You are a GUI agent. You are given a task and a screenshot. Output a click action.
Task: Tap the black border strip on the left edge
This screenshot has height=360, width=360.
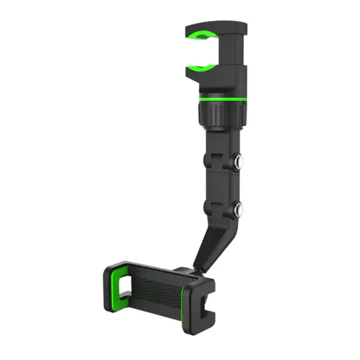click(x=13, y=180)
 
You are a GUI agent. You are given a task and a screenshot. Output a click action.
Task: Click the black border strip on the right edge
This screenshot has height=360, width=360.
click(x=346, y=180)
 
